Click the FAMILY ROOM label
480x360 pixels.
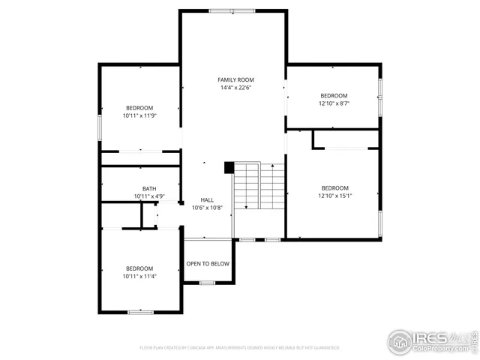coord(235,79)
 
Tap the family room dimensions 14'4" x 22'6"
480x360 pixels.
coord(235,88)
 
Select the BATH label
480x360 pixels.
coord(149,189)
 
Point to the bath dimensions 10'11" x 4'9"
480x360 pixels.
coord(149,196)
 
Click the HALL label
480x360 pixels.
coord(207,199)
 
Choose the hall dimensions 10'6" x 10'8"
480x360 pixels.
coord(207,208)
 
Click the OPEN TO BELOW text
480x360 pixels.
coord(208,264)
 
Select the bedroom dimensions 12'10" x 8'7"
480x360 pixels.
coord(334,103)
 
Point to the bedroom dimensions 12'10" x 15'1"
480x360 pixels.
coord(334,196)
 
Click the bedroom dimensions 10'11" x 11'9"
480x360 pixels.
coord(139,115)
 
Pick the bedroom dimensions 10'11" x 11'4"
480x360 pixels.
coord(139,277)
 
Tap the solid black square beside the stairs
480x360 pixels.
coord(229,168)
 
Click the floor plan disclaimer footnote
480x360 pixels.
coord(240,348)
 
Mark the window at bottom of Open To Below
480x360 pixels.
coord(207,283)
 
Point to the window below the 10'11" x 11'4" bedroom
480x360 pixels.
coord(140,311)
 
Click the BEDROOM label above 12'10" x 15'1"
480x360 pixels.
coord(334,188)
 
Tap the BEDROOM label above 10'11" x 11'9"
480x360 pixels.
coord(139,107)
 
